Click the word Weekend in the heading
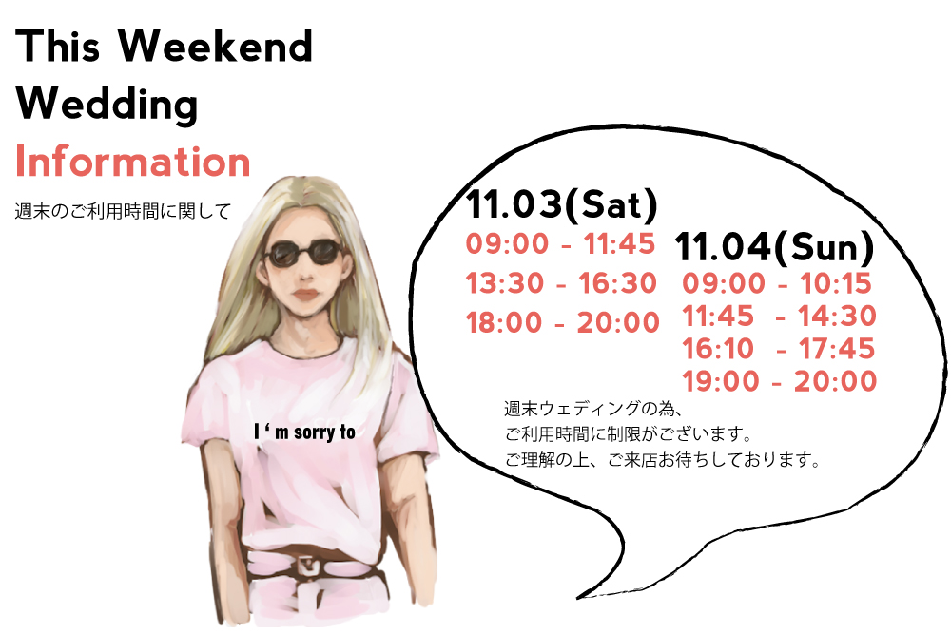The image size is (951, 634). tap(215, 46)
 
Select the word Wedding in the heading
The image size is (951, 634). tap(107, 105)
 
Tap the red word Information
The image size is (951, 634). tap(133, 162)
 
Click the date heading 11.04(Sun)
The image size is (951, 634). tap(774, 247)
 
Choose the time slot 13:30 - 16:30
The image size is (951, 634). tap(562, 283)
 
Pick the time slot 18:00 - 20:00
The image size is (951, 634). tap(562, 322)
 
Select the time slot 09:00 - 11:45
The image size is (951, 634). tap(560, 243)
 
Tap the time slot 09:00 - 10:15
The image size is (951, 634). tap(777, 283)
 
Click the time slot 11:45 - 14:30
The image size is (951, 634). tap(780, 316)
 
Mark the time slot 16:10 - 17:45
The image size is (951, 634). tap(779, 349)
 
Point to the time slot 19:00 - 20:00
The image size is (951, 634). tap(780, 381)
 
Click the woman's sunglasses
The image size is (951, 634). tap(303, 253)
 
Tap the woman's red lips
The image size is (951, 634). tap(307, 296)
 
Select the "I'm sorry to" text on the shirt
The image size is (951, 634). tap(304, 432)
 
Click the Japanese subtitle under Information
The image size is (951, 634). tap(123, 212)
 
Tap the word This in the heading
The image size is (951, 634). tap(58, 46)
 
